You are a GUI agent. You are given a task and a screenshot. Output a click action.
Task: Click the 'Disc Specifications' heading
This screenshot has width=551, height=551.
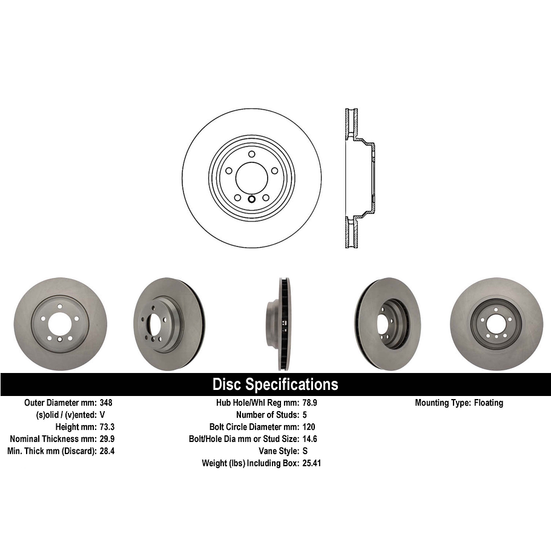point(275,384)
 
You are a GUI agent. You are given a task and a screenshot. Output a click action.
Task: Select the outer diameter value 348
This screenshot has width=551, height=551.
point(106,403)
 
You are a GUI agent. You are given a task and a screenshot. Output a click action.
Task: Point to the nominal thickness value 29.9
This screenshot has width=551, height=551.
point(107,439)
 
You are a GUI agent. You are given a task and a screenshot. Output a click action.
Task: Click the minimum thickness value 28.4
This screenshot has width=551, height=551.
point(107,451)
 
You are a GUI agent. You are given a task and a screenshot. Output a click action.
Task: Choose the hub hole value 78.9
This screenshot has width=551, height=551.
point(309,403)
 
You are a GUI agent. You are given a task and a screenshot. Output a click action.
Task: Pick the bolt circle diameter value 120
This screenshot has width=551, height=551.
point(308,427)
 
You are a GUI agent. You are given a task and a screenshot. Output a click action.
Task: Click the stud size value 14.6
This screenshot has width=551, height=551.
point(309,439)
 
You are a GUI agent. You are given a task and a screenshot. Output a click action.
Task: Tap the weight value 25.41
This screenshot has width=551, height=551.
point(311,463)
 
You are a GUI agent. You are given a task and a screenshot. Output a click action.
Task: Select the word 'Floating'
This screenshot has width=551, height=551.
point(488,403)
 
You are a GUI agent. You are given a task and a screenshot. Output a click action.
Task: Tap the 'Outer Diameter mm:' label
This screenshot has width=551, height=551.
point(59,403)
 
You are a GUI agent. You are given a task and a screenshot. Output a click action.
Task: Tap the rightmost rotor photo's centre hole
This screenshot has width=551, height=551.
point(496,325)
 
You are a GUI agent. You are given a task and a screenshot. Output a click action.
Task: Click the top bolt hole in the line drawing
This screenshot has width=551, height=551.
point(251,154)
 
